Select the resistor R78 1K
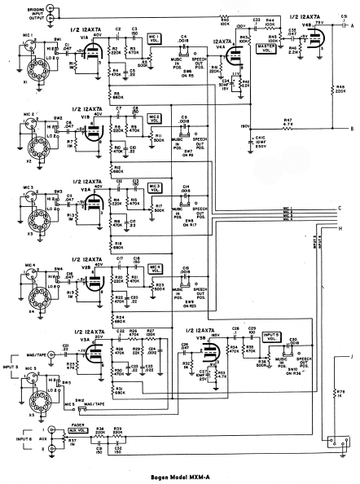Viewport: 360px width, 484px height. (x=336, y=393)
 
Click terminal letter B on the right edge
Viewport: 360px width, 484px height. (x=350, y=129)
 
